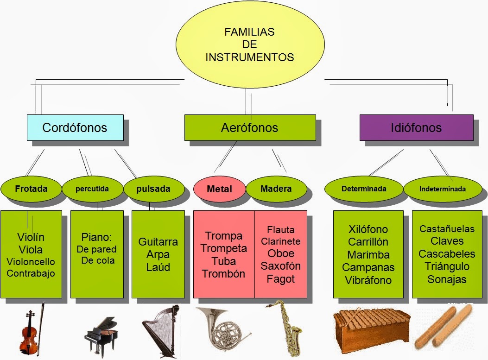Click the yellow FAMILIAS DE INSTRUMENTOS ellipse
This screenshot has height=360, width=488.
click(x=249, y=45)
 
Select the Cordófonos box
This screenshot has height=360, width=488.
click(x=75, y=127)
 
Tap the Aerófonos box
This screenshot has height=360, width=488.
click(x=250, y=127)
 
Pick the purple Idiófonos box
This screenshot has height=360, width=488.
click(x=416, y=127)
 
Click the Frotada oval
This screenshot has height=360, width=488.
click(x=31, y=189)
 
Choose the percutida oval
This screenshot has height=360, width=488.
click(x=92, y=189)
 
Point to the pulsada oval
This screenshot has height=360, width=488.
click(x=153, y=189)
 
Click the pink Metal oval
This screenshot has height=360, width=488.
click(x=219, y=189)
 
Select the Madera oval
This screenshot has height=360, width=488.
click(x=276, y=189)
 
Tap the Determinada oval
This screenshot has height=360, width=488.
click(x=364, y=189)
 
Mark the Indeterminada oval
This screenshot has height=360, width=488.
click(x=443, y=189)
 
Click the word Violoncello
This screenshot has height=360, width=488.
click(x=31, y=261)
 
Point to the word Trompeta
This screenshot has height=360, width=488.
click(x=224, y=248)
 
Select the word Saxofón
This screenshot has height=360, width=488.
click(x=280, y=266)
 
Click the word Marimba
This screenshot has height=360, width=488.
click(x=368, y=254)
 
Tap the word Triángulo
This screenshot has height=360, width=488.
click(x=447, y=266)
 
